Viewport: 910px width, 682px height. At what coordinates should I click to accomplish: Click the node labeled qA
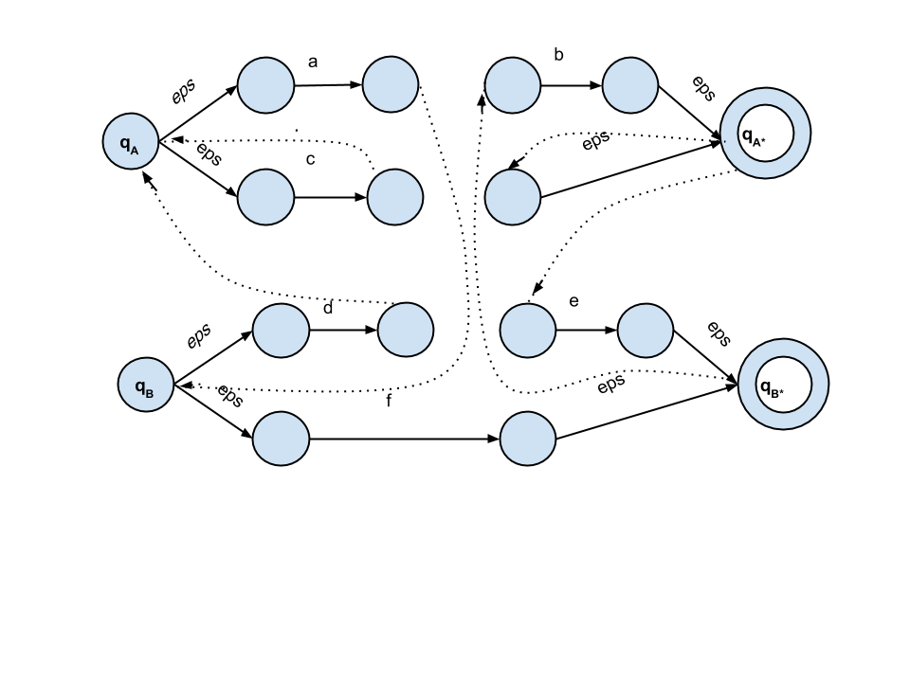point(131,141)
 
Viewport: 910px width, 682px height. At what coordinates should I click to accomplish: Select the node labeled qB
point(146,385)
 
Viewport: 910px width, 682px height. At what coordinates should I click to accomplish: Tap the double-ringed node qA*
point(766,134)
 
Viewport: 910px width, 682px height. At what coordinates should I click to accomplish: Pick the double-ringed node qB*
point(784,385)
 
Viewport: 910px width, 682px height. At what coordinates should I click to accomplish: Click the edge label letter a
point(313,63)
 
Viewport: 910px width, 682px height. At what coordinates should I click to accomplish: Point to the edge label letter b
point(559,55)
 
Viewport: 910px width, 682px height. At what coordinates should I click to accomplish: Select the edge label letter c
point(311,159)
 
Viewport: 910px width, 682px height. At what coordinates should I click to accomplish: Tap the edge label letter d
point(328,308)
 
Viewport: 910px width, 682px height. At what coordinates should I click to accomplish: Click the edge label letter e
point(574,301)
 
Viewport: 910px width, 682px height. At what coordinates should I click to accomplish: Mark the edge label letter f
point(389,400)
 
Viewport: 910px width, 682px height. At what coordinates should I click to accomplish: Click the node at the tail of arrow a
point(265,84)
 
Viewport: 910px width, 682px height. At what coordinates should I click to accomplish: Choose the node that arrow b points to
point(630,84)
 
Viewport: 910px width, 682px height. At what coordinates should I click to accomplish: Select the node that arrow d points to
point(406,330)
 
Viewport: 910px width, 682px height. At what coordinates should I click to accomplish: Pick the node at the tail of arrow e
point(528,331)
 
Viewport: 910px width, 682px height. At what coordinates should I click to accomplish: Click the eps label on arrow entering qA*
point(703,88)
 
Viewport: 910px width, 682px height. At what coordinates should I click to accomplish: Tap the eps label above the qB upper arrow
point(199,335)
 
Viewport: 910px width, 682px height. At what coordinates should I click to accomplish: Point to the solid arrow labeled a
point(329,85)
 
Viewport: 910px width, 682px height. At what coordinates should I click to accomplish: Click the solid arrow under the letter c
point(331,197)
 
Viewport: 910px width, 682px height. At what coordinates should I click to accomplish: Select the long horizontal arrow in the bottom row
point(405,439)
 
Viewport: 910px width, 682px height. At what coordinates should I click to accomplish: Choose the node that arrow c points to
point(395,197)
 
